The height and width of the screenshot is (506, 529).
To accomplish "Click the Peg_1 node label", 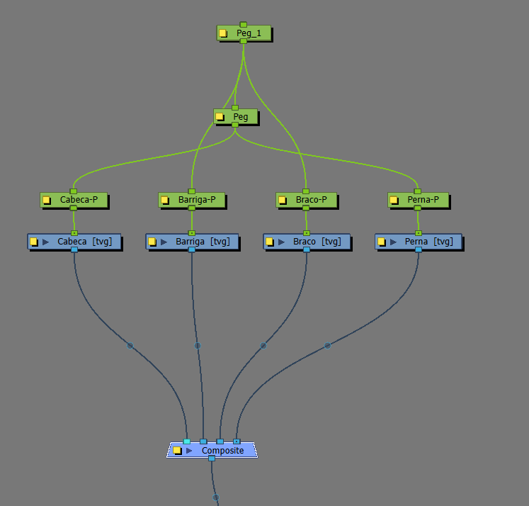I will point(244,33).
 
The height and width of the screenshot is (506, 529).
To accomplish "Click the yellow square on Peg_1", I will point(223,33).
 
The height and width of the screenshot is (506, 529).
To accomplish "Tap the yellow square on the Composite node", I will point(177,450).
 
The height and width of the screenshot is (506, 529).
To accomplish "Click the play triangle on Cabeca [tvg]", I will point(46,242).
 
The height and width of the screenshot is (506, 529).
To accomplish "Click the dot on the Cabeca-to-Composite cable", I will point(130,346).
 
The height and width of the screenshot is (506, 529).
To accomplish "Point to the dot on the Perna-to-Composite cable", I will point(327,346).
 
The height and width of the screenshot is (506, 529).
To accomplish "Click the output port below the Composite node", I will point(212,459).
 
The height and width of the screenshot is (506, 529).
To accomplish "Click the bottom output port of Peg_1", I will point(244,41).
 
